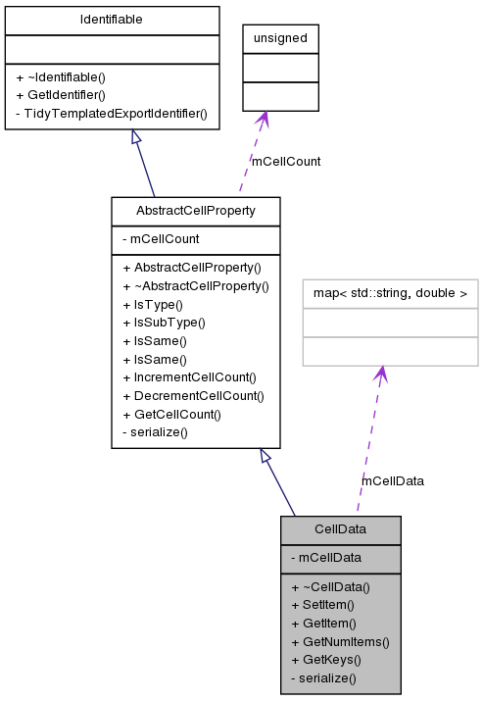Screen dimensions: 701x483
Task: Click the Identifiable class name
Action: click(x=112, y=20)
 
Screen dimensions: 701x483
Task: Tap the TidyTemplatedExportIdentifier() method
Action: click(x=111, y=113)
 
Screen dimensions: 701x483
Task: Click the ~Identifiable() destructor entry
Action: click(x=61, y=76)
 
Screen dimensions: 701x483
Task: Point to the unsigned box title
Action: click(x=280, y=38)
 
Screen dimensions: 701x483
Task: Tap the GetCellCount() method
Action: click(x=171, y=414)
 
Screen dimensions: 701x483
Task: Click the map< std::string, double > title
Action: click(x=390, y=292)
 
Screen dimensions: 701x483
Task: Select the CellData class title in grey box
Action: click(x=340, y=529)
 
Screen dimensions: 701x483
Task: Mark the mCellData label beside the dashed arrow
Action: click(x=393, y=480)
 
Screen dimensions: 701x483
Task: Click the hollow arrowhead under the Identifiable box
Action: click(x=137, y=138)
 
